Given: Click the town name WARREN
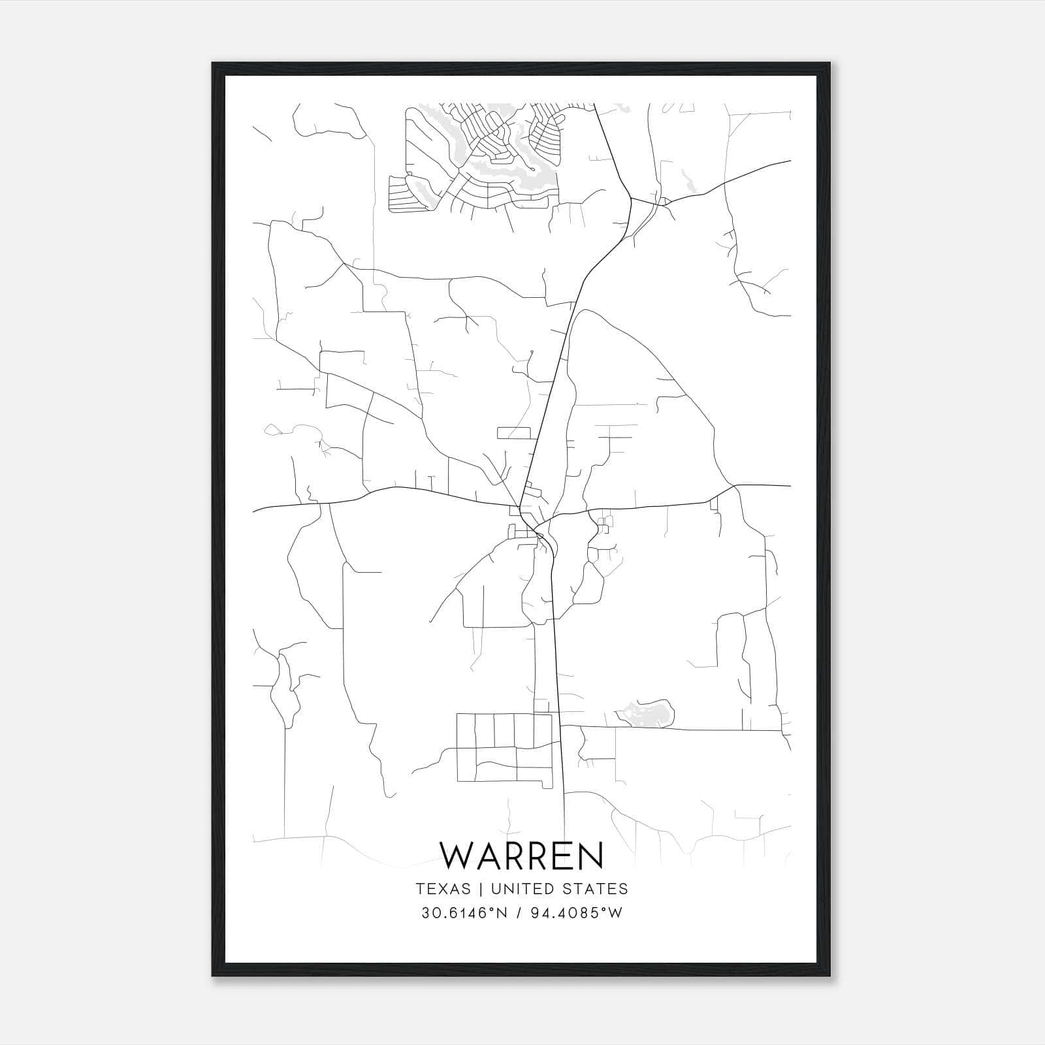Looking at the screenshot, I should [x=521, y=856].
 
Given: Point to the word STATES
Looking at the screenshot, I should [x=596, y=889].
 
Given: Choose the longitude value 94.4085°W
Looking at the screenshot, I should [x=577, y=913].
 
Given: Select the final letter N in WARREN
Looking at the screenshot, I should [x=590, y=856].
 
